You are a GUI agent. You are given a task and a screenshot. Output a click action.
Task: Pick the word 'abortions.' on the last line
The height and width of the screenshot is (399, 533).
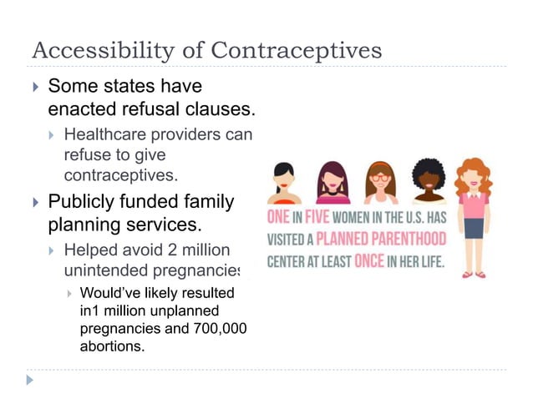click(111, 345)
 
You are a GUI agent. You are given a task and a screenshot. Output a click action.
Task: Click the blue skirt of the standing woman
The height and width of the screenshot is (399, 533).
click(475, 228)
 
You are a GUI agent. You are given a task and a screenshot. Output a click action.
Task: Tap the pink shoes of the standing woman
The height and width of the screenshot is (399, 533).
click(474, 273)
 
